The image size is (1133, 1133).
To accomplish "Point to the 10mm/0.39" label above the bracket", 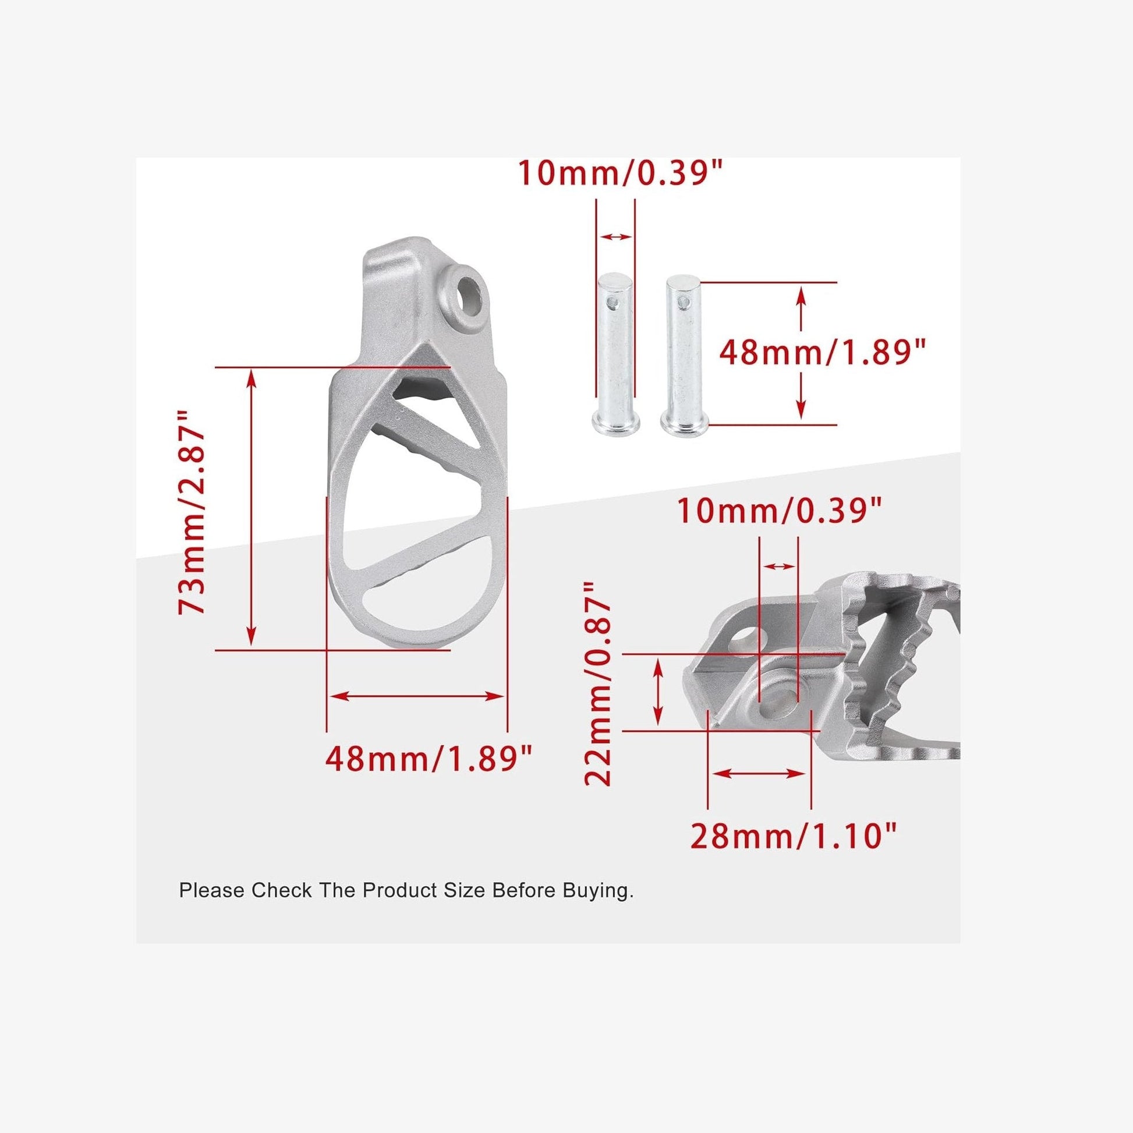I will tap(780, 510).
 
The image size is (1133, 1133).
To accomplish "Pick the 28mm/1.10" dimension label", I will tap(793, 837).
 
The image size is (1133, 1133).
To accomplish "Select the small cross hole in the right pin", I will tap(681, 302).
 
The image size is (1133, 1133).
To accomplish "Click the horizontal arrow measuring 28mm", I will tap(759, 774).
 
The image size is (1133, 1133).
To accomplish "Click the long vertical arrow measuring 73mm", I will tap(252, 508).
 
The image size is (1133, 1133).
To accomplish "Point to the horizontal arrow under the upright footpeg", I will tap(417, 696).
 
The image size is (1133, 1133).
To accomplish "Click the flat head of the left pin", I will tap(615, 422).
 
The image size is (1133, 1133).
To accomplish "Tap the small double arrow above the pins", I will tap(616, 237).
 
